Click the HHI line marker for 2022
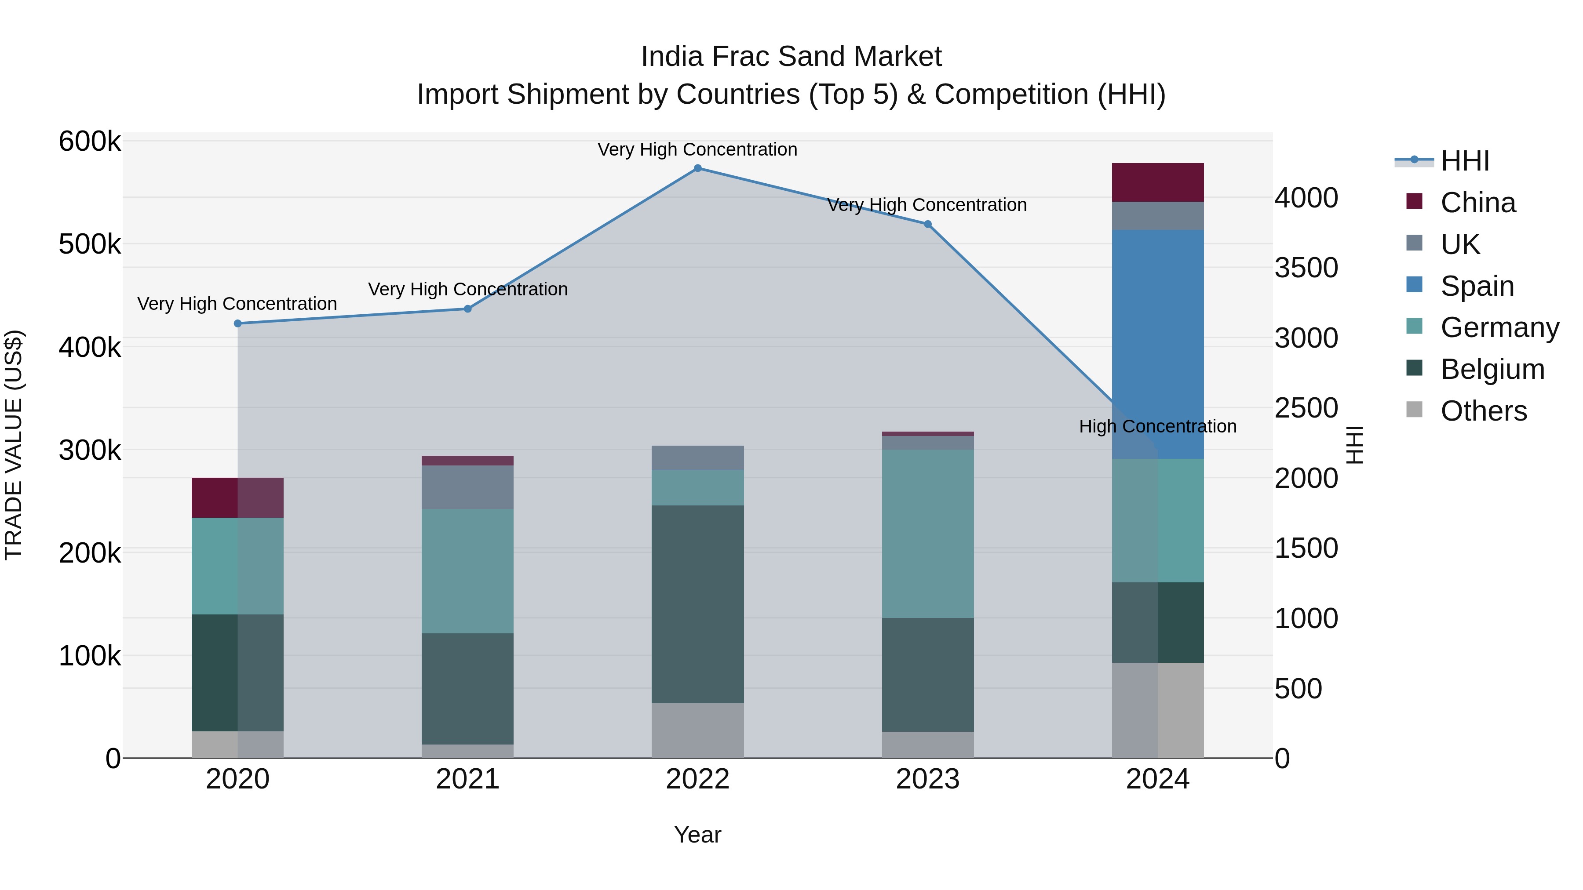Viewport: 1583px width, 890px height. (697, 168)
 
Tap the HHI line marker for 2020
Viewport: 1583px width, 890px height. (238, 323)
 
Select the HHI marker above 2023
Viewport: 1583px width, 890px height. (928, 224)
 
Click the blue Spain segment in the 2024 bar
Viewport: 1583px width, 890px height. (1158, 344)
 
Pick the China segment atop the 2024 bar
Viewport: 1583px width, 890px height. (1158, 182)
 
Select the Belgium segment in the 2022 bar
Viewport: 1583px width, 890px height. (697, 604)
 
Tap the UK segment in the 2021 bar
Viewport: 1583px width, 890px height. (468, 487)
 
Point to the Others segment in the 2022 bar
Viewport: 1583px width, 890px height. (697, 730)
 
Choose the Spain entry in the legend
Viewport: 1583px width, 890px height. (1477, 286)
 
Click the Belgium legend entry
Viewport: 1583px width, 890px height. (1492, 370)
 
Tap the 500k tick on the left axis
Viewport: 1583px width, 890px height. (90, 244)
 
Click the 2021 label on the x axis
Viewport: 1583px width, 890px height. (468, 779)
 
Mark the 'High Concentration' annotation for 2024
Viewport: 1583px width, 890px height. (1158, 426)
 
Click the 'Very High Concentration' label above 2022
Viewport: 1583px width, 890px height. (697, 149)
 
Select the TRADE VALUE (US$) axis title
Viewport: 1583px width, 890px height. (14, 445)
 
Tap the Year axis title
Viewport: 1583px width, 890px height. (697, 835)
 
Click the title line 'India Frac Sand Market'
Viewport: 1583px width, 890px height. (791, 57)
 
